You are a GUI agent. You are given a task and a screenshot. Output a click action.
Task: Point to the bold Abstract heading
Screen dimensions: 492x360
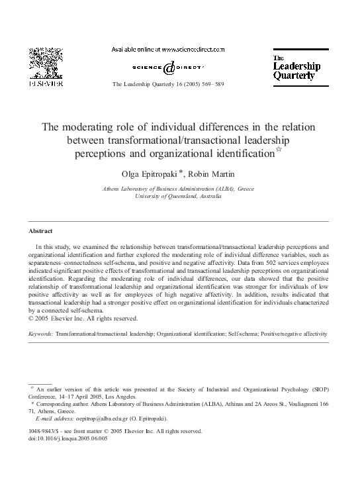[x=41, y=231]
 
